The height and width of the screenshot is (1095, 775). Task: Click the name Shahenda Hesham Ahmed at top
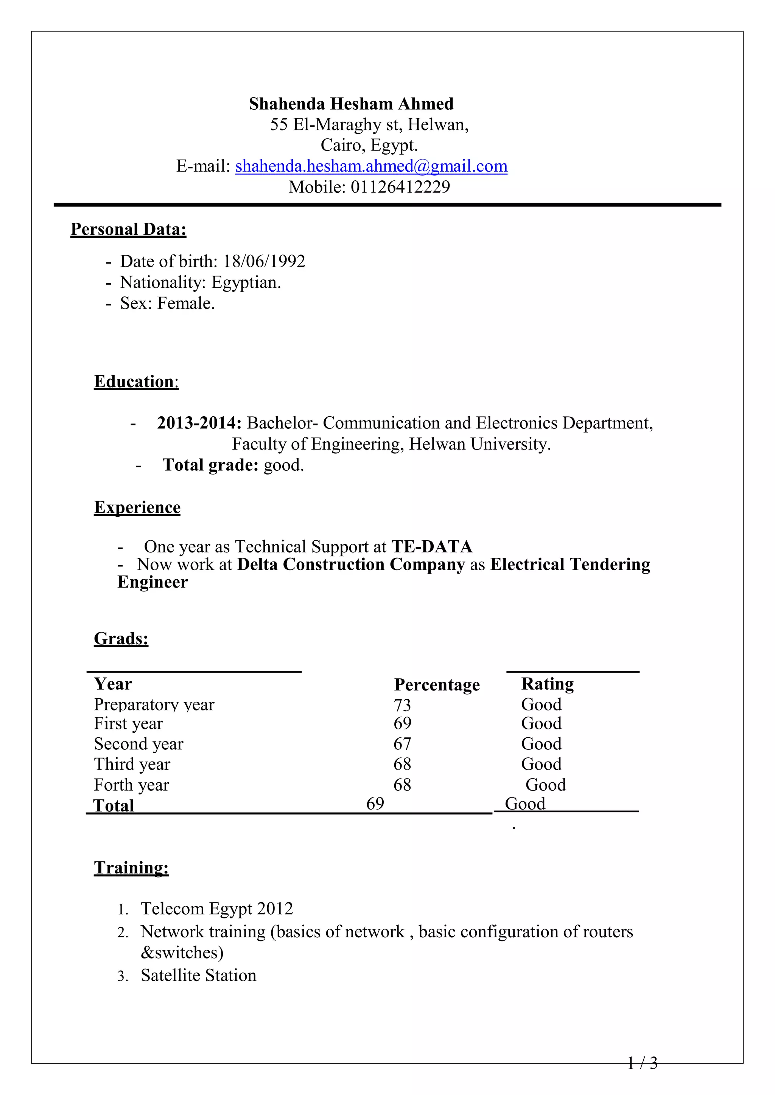coord(351,104)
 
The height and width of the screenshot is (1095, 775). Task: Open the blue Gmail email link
coord(371,166)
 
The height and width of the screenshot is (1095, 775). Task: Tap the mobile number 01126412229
coord(400,187)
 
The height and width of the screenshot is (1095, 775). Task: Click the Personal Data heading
coord(128,230)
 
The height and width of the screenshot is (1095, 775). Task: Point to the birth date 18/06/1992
coord(264,261)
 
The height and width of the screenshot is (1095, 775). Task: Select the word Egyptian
coord(246,282)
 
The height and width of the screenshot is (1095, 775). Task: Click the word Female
coord(186,303)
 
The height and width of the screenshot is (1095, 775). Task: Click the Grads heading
coord(121,639)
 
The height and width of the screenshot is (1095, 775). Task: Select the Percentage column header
coord(437,685)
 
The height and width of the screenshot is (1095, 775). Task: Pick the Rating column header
coord(547,684)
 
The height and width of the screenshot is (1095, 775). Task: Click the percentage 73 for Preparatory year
coord(402,705)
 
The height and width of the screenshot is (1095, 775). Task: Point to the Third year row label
coord(132,764)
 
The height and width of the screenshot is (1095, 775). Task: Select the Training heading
coord(131,867)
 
